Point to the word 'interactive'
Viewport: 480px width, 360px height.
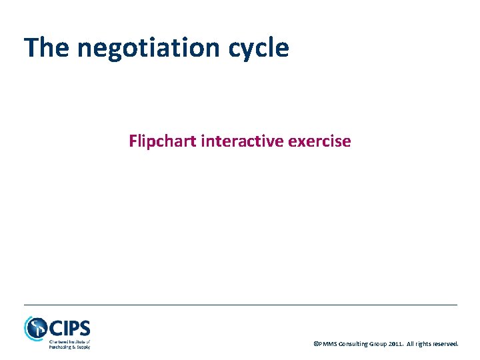coord(243,141)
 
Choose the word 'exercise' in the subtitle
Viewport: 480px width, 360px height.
coord(323,141)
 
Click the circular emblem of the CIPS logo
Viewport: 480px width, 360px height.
coord(35,327)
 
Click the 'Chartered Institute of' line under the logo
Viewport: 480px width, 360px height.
coord(69,341)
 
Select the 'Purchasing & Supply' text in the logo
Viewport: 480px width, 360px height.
coord(69,347)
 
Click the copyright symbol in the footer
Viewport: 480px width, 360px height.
coord(316,344)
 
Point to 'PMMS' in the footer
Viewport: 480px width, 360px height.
coord(328,344)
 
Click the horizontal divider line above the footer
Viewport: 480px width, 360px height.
coord(240,305)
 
